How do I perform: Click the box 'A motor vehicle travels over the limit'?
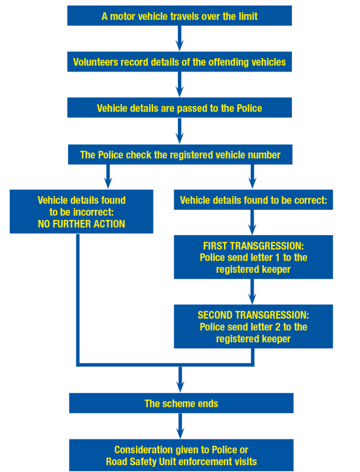click(179, 16)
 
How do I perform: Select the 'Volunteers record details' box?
click(179, 62)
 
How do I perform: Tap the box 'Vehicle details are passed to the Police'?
click(179, 108)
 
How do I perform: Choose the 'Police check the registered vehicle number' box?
click(180, 154)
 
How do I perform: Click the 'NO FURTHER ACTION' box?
click(81, 212)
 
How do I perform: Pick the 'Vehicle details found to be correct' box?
click(253, 200)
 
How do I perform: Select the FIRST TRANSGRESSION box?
click(253, 257)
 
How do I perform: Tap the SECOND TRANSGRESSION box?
click(253, 327)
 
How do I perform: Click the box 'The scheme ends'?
click(181, 403)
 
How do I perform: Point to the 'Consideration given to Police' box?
click(181, 455)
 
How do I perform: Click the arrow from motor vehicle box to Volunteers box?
click(180, 39)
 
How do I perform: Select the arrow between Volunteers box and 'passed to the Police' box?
click(180, 85)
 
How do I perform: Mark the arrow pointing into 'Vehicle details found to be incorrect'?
click(108, 177)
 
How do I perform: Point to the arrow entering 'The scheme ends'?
click(180, 379)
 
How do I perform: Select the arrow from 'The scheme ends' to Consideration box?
click(180, 426)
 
